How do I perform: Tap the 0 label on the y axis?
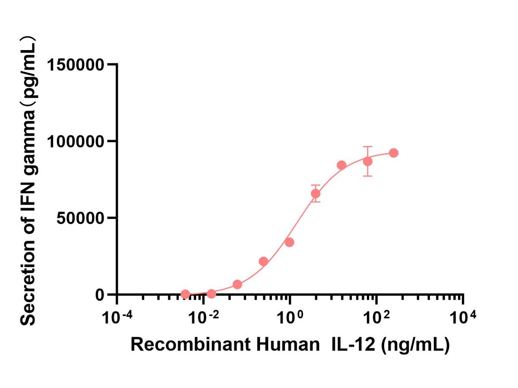click(100, 295)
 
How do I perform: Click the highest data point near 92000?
click(394, 153)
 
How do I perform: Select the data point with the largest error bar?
click(368, 161)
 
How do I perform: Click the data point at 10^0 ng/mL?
click(290, 242)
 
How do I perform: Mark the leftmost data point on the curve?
click(185, 294)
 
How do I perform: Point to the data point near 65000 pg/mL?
click(316, 194)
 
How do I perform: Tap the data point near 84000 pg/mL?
click(341, 165)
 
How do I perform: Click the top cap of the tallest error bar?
click(368, 147)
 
